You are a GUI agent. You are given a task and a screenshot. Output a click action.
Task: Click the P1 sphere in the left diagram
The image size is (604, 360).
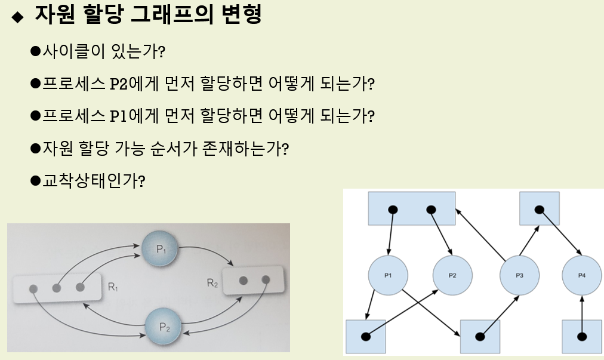pyautogui.click(x=160, y=250)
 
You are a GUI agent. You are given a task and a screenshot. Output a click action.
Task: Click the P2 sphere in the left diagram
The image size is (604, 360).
pyautogui.click(x=165, y=326)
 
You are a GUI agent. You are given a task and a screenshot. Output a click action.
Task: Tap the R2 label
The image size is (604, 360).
pyautogui.click(x=212, y=283)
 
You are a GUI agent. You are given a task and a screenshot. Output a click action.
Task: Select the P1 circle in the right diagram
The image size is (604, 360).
pyautogui.click(x=388, y=275)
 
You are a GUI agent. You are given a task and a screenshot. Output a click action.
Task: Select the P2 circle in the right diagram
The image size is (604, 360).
pyautogui.click(x=452, y=275)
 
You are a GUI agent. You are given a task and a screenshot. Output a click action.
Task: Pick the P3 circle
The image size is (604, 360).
pyautogui.click(x=519, y=275)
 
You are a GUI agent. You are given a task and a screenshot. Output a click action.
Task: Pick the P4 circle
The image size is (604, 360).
pyautogui.click(x=582, y=275)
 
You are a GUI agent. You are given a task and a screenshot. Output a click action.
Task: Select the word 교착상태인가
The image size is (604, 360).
pyautogui.click(x=90, y=179)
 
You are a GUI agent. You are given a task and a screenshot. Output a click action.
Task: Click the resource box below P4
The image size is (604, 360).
pyautogui.click(x=582, y=337)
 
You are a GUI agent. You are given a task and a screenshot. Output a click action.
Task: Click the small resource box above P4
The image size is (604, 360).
pyautogui.click(x=539, y=209)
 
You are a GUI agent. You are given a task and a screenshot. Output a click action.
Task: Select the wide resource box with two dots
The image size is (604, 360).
pyautogui.click(x=412, y=209)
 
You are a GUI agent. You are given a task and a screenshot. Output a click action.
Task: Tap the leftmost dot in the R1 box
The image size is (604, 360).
pyautogui.click(x=33, y=288)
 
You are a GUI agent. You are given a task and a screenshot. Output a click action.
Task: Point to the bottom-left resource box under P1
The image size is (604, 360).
pyautogui.click(x=365, y=337)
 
